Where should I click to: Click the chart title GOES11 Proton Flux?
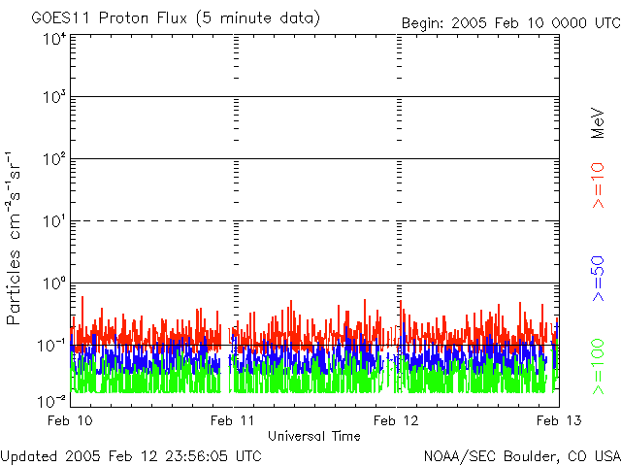coord(175,18)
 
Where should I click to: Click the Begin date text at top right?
coord(510,22)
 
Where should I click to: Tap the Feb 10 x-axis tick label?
coord(71,420)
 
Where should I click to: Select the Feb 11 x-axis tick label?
coord(235,420)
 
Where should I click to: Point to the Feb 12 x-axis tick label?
coord(399,420)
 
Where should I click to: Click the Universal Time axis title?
coord(313,436)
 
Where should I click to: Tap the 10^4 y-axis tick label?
coord(53,40)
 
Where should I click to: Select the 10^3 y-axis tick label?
coord(53,97)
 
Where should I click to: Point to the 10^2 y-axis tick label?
coord(53,159)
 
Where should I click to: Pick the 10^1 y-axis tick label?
coord(53,221)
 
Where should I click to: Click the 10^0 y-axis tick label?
coord(53,283)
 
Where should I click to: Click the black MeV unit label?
coord(598,123)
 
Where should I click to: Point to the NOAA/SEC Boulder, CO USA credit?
coord(521,455)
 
